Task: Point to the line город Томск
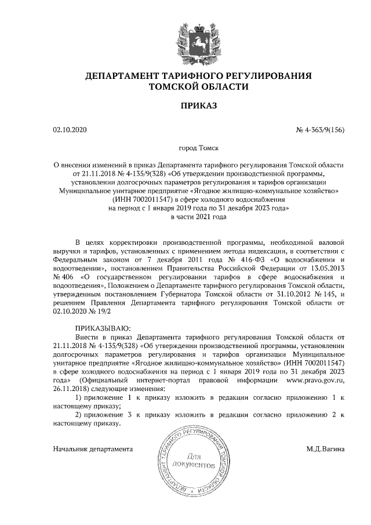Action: pos(198,149)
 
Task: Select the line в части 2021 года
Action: pos(198,216)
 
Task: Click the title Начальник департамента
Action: pos(93,449)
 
